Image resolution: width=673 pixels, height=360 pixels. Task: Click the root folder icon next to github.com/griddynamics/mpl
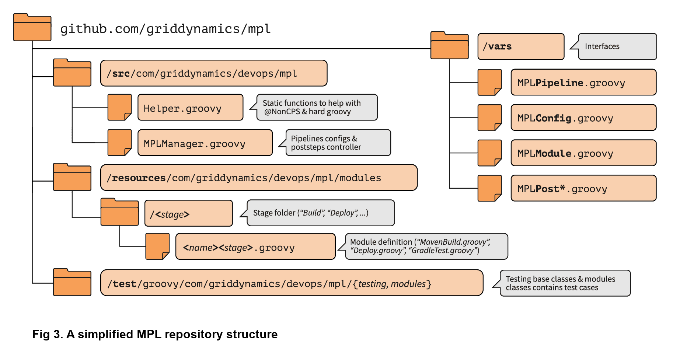pos(32,28)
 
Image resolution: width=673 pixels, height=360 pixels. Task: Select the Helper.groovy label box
pos(190,108)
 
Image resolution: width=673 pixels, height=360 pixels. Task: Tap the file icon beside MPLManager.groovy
pos(119,143)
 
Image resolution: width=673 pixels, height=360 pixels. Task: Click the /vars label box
pos(520,46)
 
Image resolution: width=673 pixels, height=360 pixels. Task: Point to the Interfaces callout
pos(617,46)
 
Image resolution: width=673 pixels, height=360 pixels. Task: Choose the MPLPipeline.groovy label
pos(583,83)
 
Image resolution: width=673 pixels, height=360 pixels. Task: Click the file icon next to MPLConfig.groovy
pos(489,118)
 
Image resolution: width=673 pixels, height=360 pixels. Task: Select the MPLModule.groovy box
pos(583,153)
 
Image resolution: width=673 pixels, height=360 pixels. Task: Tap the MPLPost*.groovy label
pos(583,189)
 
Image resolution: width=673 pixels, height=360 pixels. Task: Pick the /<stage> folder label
pos(188,213)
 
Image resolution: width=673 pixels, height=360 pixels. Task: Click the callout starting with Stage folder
pos(320,213)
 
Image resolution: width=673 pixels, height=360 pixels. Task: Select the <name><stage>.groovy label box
pos(255,247)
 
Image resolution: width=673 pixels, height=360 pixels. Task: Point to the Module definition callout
pos(426,246)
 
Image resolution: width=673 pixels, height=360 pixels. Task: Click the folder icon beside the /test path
pos(72,283)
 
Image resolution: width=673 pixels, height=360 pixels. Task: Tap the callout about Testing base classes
pos(565,283)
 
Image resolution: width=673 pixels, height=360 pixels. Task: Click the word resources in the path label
pos(139,178)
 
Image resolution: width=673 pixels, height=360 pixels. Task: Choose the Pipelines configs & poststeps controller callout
pos(338,143)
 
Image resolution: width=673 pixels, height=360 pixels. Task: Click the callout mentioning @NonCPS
pos(317,107)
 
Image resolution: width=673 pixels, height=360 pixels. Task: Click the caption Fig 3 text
pos(155,334)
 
